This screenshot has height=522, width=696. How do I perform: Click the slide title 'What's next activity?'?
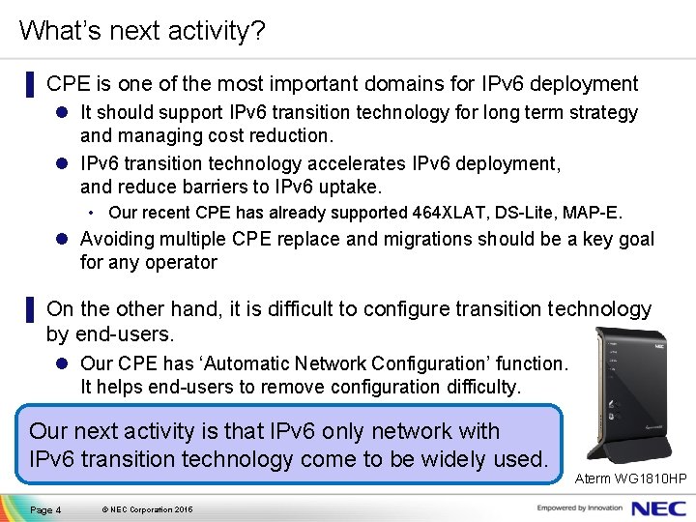tap(141, 31)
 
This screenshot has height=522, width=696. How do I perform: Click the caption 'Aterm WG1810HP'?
tap(630, 478)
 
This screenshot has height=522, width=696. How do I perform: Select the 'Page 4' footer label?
tap(45, 509)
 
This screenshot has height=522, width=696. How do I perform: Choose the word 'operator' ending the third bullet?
tap(183, 262)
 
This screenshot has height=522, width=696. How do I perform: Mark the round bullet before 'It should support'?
tap(62, 113)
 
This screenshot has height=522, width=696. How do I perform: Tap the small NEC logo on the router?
tap(659, 344)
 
